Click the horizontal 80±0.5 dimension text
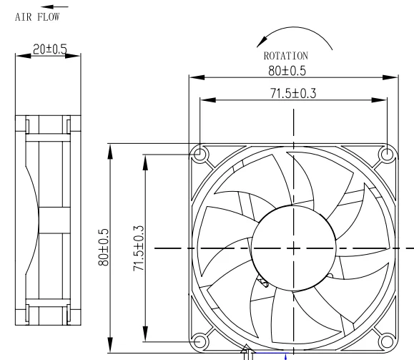click(x=290, y=70)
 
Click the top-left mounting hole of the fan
click(x=199, y=155)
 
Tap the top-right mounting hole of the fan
click(x=387, y=154)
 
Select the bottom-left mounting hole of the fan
click(x=199, y=341)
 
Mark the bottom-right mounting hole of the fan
click(x=387, y=341)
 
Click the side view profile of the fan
click(x=47, y=222)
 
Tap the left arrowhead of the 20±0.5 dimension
click(x=19, y=57)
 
